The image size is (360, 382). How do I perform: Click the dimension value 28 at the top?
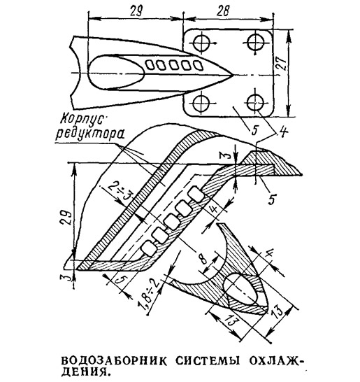[223, 11]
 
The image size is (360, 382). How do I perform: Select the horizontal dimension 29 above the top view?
[136, 11]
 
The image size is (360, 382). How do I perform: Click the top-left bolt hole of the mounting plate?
[201, 43]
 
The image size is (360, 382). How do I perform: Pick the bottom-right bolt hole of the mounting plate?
[255, 103]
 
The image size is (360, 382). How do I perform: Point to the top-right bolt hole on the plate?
[255, 43]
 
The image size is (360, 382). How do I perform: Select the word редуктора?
[89, 134]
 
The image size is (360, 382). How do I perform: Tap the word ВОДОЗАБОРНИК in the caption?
[114, 360]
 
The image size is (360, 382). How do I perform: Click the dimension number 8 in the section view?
[202, 259]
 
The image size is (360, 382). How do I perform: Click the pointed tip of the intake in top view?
[233, 75]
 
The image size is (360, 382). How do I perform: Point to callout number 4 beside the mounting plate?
[284, 132]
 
